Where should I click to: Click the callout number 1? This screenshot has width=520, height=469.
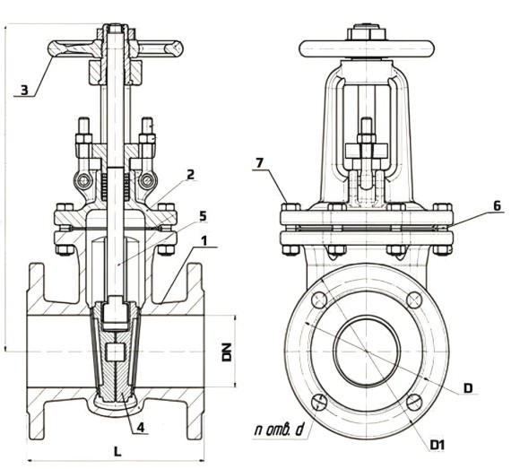click(x=204, y=241)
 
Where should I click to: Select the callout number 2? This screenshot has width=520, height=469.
click(x=190, y=175)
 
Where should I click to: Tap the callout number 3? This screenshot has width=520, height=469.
click(x=24, y=90)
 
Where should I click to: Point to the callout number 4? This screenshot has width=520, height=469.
click(x=141, y=427)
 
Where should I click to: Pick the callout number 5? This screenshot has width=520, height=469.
click(x=203, y=216)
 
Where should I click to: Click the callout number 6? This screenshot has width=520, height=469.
click(x=497, y=205)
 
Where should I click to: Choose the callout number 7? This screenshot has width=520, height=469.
click(x=259, y=163)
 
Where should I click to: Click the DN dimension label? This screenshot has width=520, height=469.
click(x=227, y=352)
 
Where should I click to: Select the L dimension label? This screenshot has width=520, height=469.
click(x=117, y=451)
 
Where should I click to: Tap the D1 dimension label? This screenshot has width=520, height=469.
click(x=438, y=445)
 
